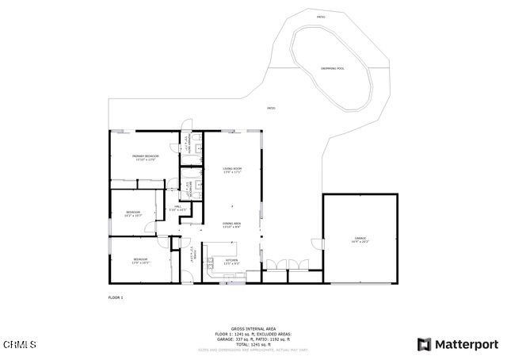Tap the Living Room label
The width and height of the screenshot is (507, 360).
(231, 170)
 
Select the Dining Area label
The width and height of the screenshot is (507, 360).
(231, 225)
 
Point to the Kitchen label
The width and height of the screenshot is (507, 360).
(231, 261)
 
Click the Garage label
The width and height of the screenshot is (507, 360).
(360, 239)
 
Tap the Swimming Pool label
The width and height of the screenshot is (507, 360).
(333, 68)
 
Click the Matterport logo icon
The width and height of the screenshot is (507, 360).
(425, 344)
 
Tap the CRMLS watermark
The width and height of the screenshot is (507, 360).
(19, 344)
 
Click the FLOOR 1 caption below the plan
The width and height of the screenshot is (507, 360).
(116, 297)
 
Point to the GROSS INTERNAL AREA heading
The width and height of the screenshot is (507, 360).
(253, 327)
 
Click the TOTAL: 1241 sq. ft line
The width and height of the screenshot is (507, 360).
(253, 343)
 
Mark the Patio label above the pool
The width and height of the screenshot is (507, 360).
(321, 17)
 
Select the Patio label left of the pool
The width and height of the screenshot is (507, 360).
(271, 108)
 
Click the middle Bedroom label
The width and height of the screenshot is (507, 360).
(134, 213)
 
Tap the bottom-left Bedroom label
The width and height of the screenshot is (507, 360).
(140, 260)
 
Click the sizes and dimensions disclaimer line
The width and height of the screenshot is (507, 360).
(253, 349)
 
